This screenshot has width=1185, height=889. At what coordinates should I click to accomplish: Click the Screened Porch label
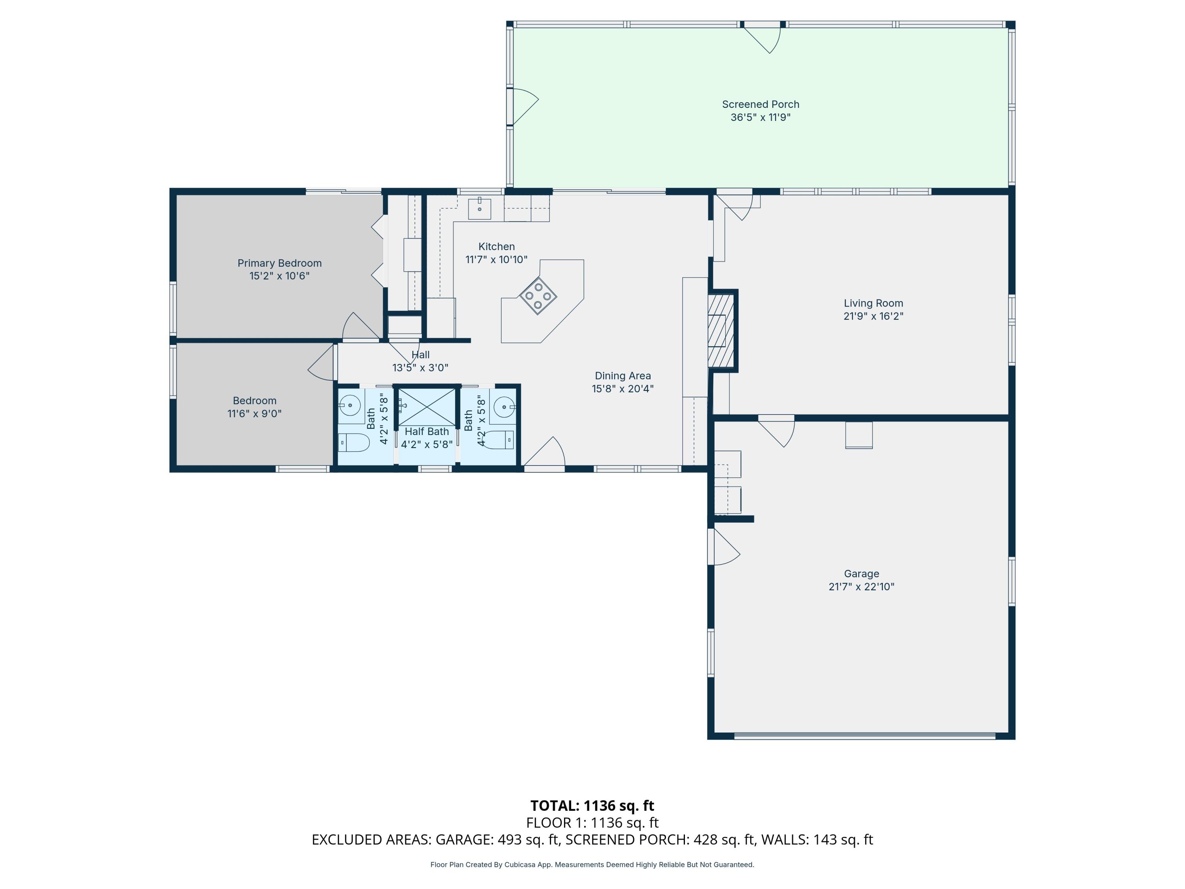tap(760, 104)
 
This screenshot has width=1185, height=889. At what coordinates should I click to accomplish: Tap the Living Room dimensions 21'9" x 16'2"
tap(873, 316)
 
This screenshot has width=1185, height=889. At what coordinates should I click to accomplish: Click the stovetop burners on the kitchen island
tap(538, 296)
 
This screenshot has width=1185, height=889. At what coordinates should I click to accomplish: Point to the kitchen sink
tap(480, 209)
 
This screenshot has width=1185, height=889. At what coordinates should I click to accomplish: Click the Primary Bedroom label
tap(280, 263)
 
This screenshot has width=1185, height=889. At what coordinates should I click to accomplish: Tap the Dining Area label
tap(623, 376)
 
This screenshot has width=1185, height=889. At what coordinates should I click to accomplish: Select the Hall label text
tap(421, 355)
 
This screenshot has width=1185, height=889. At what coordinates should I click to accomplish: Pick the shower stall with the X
tap(427, 408)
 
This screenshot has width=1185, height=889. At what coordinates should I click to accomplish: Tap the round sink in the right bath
tap(504, 407)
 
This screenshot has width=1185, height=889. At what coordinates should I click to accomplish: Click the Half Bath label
tap(427, 431)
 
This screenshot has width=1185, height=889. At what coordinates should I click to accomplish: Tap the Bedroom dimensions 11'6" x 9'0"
tap(254, 414)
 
